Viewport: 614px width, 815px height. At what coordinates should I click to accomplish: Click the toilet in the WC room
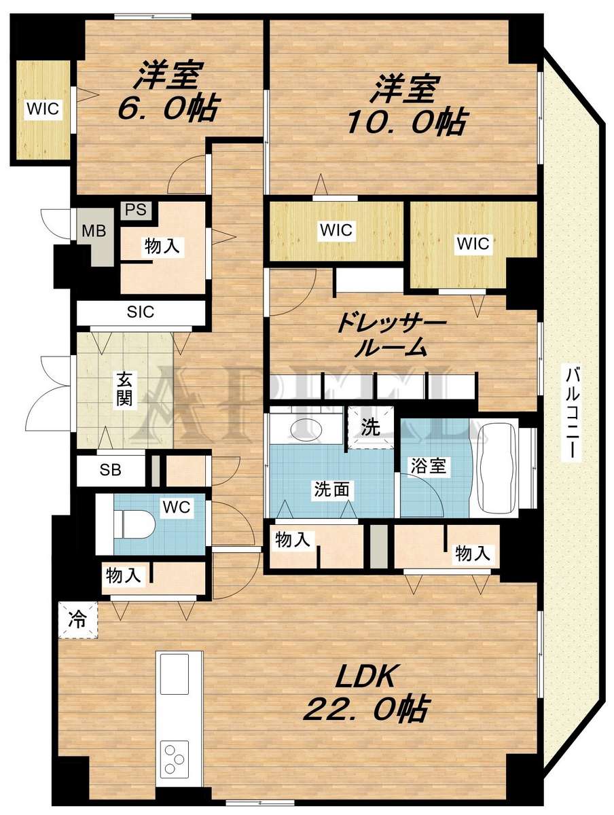click(133, 524)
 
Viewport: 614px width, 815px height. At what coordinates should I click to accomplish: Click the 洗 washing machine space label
click(370, 427)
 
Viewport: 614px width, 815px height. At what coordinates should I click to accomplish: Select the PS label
click(136, 209)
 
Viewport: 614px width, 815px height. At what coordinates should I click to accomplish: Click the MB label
click(94, 232)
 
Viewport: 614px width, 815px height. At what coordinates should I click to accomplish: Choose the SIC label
click(141, 312)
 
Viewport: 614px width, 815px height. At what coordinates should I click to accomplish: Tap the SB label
click(110, 470)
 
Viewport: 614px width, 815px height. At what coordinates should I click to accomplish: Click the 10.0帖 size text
click(405, 122)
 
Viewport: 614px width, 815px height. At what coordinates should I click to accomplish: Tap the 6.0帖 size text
click(166, 109)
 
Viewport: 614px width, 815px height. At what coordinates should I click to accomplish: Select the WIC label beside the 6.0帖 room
click(43, 109)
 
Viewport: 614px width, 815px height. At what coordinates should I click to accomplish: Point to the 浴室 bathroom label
click(428, 466)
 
